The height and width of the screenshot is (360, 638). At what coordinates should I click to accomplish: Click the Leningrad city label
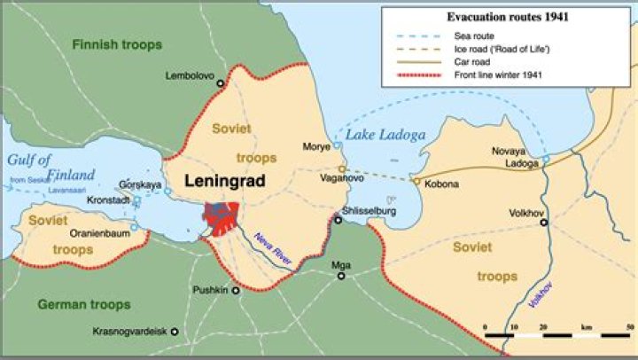225,180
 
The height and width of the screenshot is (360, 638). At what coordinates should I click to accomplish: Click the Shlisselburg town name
368,211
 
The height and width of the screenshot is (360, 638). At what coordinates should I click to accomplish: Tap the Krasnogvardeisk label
131,332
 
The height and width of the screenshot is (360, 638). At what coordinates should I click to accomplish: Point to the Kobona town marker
416,181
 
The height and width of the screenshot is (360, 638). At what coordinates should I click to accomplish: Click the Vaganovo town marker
341,168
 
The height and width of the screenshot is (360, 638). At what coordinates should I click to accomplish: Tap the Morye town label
316,145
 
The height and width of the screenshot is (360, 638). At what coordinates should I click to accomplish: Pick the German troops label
84,305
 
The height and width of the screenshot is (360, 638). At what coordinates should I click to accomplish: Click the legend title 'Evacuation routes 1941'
505,17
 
